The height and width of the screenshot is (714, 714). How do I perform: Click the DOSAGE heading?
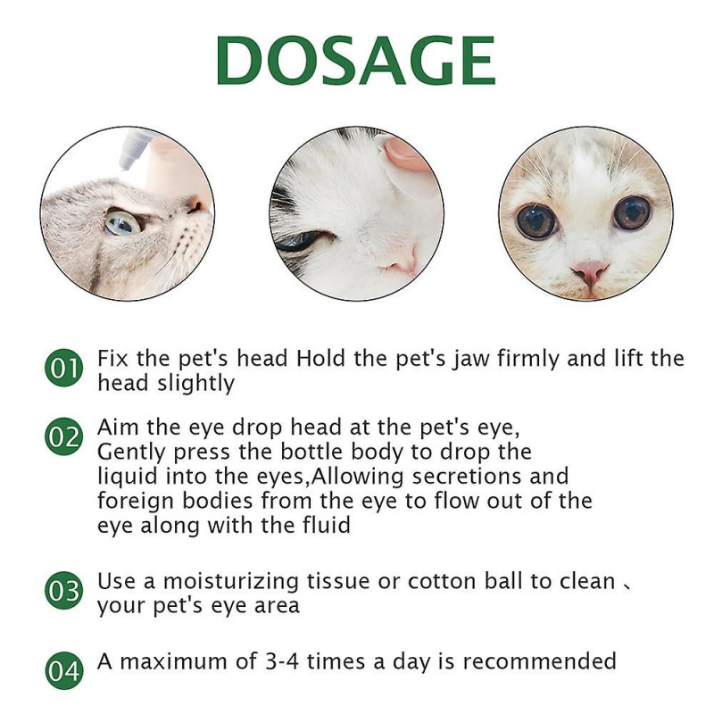tap(355, 61)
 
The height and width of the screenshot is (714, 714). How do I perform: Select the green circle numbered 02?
tap(63, 437)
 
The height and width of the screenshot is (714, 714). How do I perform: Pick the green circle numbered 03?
tap(63, 591)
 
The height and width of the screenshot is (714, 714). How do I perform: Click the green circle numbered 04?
tap(63, 671)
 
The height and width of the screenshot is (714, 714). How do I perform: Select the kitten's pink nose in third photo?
tap(590, 270)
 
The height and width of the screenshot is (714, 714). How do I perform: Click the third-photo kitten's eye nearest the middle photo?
tap(536, 220)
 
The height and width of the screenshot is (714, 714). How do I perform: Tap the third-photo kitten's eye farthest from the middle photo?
tap(632, 213)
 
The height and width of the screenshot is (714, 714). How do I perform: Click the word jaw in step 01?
tap(436, 360)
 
